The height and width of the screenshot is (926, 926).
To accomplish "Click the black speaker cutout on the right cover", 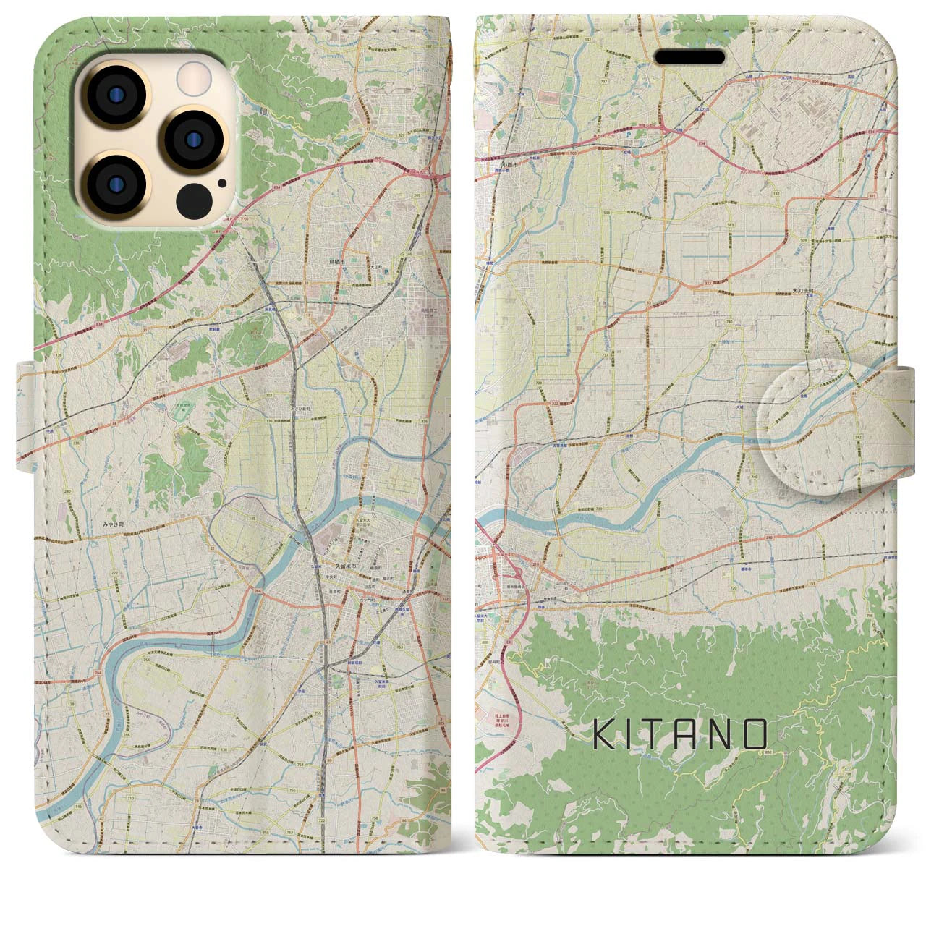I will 689,57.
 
